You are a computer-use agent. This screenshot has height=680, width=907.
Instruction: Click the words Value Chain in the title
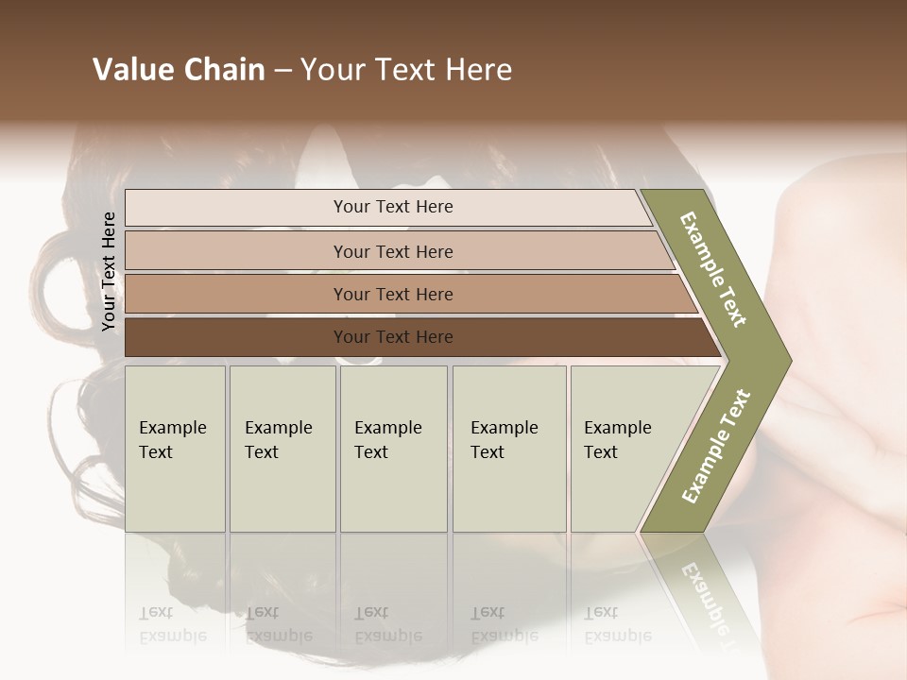click(179, 70)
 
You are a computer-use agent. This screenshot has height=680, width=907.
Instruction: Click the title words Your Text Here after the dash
click(406, 70)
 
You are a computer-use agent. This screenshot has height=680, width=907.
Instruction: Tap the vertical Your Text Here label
click(109, 272)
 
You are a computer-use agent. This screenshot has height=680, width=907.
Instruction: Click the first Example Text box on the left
click(175, 449)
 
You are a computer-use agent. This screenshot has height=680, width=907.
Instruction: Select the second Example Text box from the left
click(282, 449)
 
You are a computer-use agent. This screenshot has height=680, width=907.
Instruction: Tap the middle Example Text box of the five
click(393, 449)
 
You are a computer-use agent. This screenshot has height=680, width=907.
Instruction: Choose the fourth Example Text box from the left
click(509, 449)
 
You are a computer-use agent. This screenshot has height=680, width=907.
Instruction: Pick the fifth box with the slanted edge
click(624, 449)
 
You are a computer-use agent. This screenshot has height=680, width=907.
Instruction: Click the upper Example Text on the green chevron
click(714, 269)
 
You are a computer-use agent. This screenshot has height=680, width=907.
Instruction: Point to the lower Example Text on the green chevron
click(716, 447)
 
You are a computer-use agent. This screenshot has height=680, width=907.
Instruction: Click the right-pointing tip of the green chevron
click(786, 359)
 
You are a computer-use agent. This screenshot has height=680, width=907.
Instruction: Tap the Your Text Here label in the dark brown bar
click(393, 337)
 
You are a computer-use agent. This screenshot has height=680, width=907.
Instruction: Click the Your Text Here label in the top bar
click(393, 207)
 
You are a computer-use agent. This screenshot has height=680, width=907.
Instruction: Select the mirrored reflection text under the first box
click(173, 625)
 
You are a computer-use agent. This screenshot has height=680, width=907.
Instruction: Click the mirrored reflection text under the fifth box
click(618, 625)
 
